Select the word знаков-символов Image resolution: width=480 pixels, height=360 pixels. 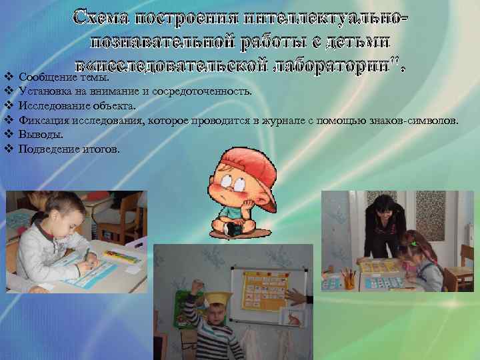[x=413, y=121]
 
